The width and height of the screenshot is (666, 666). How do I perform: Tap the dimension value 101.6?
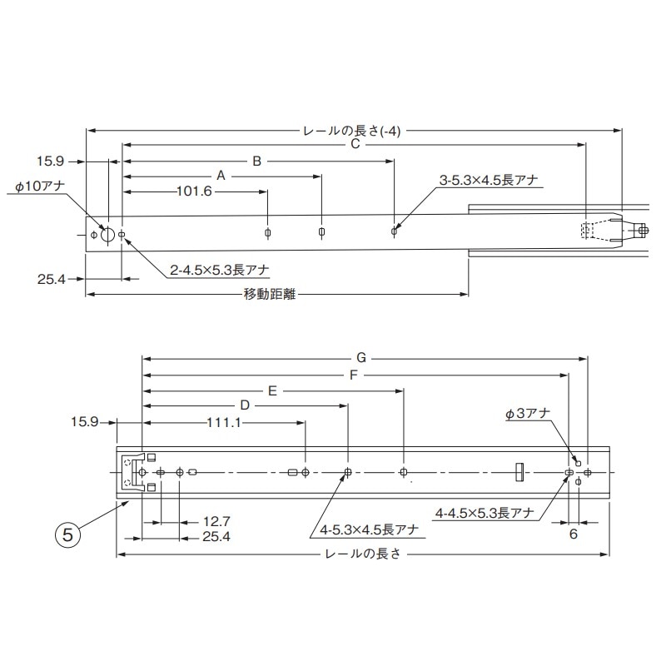[196, 191]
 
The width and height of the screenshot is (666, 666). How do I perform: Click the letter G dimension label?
[360, 358]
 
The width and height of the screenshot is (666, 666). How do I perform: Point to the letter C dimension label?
[354, 144]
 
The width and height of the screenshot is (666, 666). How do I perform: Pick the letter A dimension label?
[221, 176]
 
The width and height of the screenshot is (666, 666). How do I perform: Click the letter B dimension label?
[257, 160]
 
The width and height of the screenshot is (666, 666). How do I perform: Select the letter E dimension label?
[271, 389]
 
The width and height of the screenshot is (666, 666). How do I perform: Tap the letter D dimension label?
[245, 405]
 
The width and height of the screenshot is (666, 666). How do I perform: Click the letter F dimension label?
[354, 374]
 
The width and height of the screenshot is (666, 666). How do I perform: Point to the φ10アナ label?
[40, 189]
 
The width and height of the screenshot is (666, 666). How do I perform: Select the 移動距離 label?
[271, 294]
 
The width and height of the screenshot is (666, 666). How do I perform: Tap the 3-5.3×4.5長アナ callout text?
[489, 180]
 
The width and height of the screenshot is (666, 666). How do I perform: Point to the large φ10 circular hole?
[107, 234]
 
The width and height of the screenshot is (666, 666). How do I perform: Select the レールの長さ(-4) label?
[354, 130]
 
